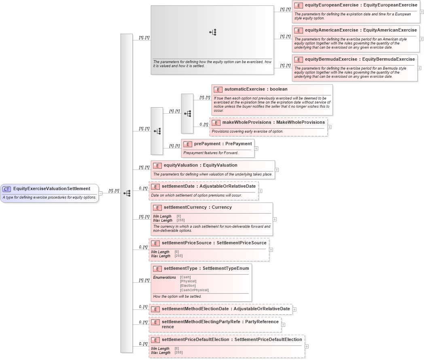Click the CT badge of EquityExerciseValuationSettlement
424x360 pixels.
7,189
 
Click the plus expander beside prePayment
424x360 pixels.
257,148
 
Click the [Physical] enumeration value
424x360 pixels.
188,282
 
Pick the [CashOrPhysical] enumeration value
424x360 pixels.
194,290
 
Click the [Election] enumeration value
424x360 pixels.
188,286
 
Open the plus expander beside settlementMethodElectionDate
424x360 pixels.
295,309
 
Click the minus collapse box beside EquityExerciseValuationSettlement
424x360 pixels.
100,193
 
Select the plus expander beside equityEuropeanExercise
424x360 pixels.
422,12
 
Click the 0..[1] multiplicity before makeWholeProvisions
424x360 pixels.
204,125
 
